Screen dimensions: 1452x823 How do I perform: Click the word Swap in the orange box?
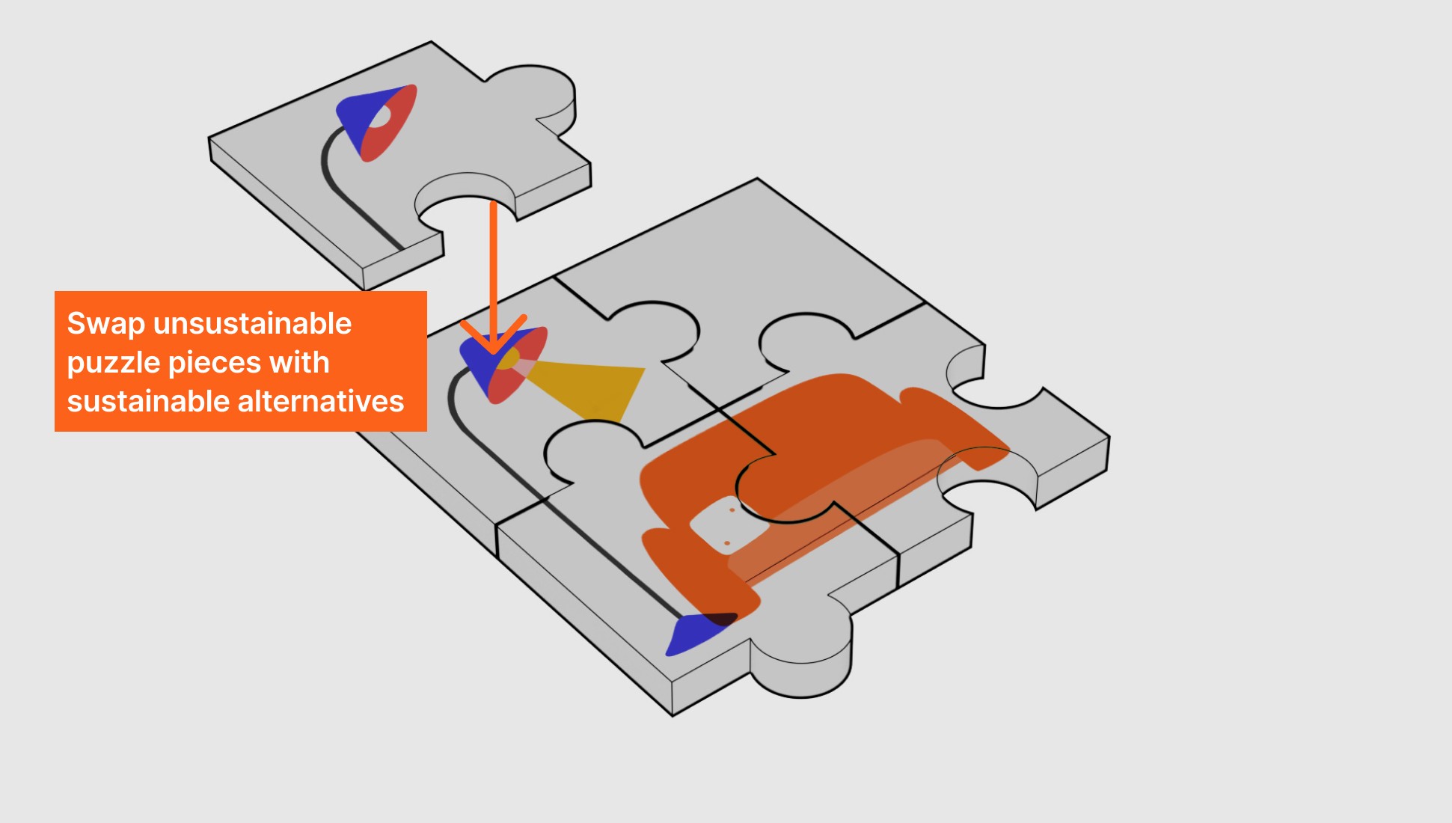pos(105,325)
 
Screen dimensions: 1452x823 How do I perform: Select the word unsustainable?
pos(252,324)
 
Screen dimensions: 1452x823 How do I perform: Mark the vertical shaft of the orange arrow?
pos(494,262)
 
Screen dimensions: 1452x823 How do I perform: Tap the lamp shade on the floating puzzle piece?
pos(378,120)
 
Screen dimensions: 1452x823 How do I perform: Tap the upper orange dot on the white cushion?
pos(732,510)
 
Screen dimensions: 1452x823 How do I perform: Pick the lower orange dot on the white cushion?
pos(726,543)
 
